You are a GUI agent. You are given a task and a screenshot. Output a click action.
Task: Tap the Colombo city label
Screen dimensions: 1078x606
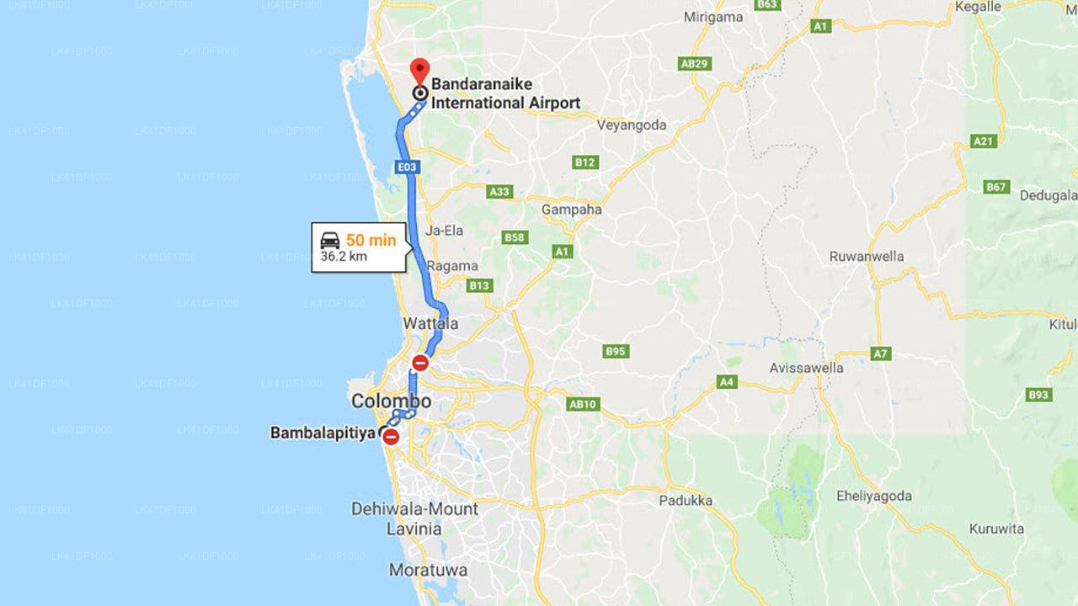tap(391, 401)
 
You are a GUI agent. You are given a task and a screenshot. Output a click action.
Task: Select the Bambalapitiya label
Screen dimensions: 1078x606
tap(323, 433)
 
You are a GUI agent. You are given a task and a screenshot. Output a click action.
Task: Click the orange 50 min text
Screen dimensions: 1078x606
tap(371, 240)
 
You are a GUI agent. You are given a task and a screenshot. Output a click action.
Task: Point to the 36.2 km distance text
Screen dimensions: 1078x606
tap(344, 257)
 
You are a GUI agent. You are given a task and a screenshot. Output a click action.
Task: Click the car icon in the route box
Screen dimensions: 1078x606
tap(330, 240)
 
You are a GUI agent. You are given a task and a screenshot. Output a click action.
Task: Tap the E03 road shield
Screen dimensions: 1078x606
tap(407, 167)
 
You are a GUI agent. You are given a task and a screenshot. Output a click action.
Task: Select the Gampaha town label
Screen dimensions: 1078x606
tap(572, 210)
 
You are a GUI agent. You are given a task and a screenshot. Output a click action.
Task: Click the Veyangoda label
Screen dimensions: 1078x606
tap(632, 125)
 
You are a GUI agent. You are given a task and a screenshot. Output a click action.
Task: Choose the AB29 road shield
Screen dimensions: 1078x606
tap(695, 63)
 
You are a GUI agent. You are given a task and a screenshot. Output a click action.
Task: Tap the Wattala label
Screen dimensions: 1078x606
tap(430, 324)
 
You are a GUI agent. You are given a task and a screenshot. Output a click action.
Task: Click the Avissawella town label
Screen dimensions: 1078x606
tap(806, 368)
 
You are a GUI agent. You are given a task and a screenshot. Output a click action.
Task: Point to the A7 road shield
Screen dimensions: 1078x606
tap(881, 354)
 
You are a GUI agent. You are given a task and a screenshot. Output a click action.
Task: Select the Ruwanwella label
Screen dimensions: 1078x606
tap(867, 257)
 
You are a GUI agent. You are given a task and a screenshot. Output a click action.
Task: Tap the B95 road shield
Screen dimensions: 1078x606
tap(616, 351)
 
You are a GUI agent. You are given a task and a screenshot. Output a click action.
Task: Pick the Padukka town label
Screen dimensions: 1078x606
tap(685, 501)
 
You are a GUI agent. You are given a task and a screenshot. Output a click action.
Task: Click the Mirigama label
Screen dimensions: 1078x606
tap(713, 17)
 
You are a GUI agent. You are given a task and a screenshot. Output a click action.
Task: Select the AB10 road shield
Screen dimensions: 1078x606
tap(583, 404)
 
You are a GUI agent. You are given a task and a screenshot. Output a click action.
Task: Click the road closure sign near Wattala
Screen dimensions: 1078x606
tap(420, 363)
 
